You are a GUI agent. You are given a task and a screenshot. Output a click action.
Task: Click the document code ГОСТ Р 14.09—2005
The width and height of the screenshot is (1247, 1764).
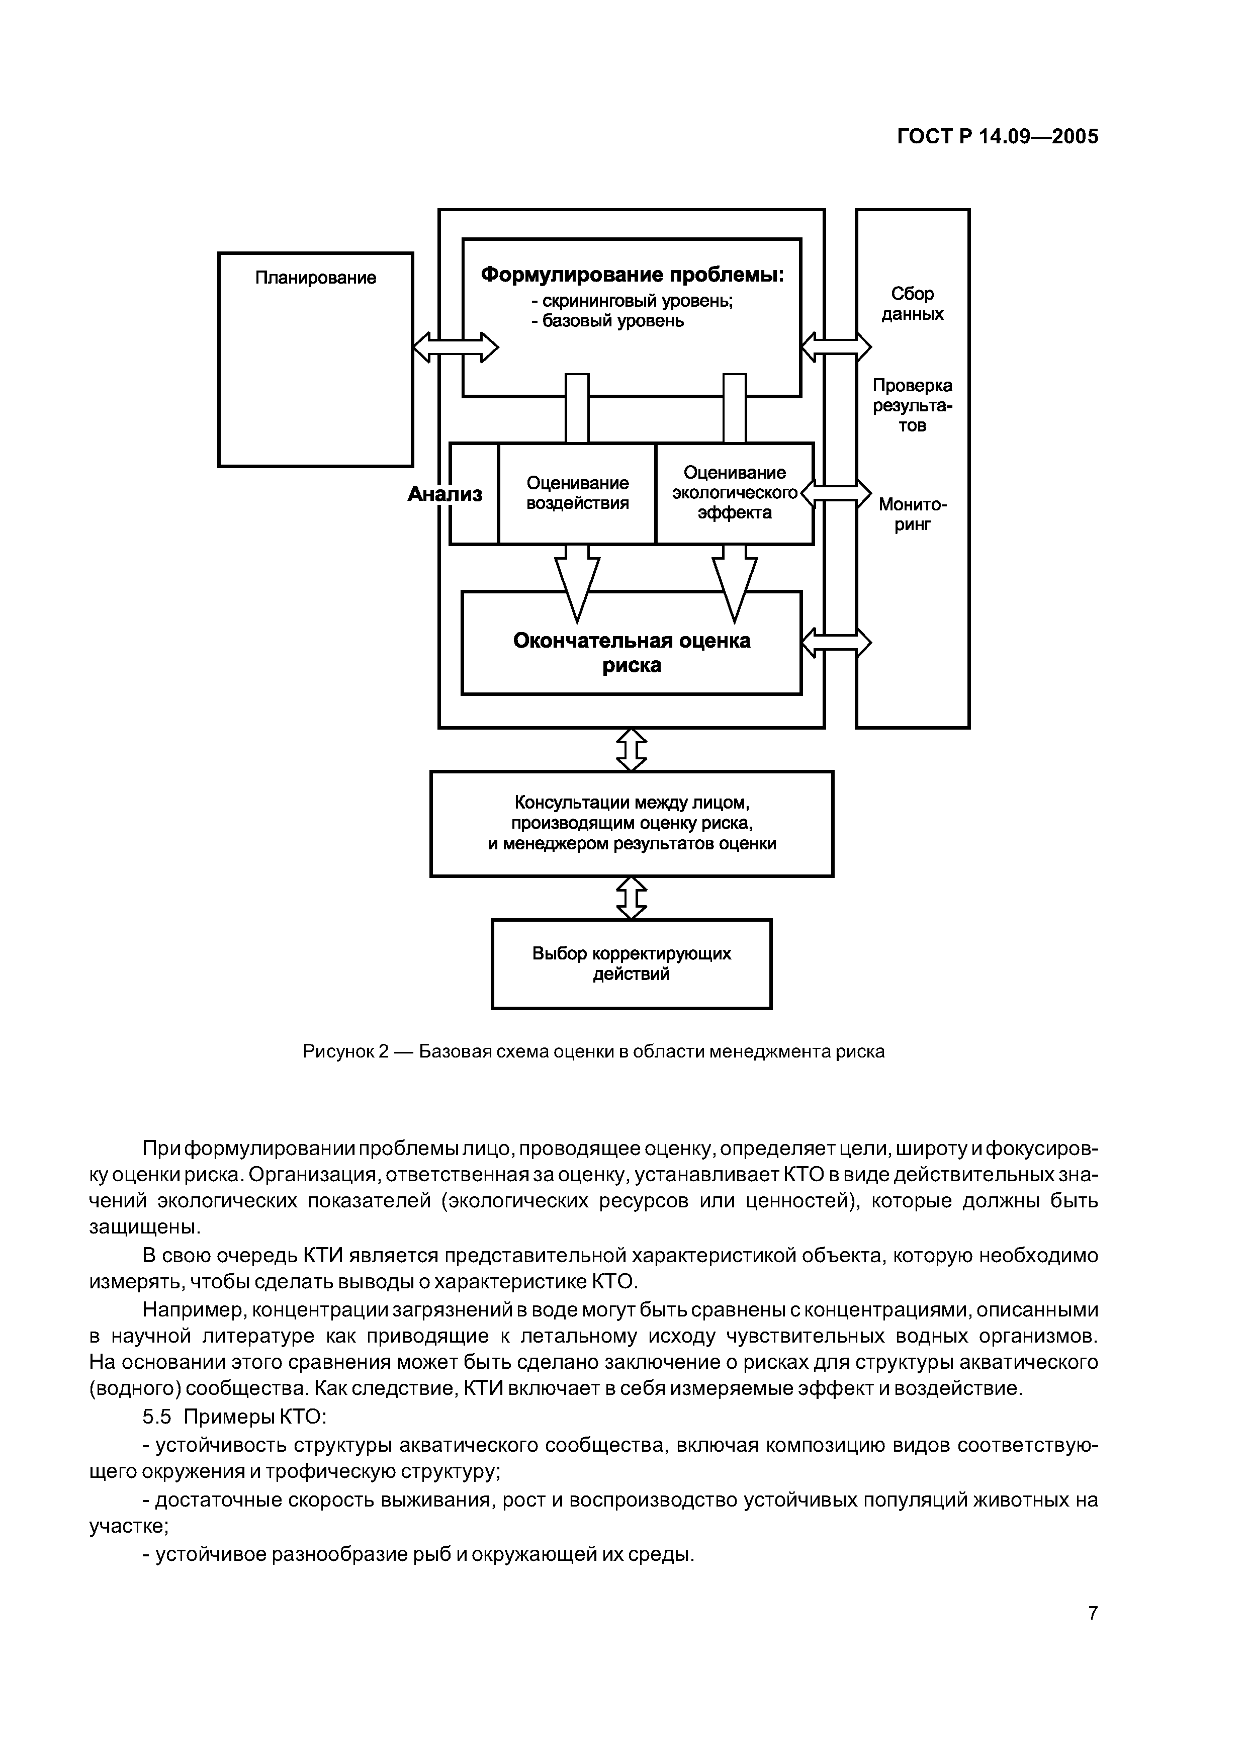997,137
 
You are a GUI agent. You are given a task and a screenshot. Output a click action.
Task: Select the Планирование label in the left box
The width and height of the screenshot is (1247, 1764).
316,278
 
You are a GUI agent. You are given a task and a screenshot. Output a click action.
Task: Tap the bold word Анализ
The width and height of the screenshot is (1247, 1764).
445,494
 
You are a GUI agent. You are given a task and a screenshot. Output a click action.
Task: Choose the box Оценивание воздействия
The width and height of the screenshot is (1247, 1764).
577,493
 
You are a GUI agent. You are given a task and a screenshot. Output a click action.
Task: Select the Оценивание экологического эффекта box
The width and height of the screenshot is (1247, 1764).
734,493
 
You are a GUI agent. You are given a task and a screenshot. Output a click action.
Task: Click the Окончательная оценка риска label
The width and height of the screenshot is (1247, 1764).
632,652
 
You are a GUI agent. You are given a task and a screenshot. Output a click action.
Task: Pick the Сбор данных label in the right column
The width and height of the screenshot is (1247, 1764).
912,304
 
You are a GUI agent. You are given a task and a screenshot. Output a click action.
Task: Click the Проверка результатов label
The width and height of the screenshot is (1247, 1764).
912,405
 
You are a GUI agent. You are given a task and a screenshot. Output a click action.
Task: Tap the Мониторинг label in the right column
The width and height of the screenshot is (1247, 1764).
912,514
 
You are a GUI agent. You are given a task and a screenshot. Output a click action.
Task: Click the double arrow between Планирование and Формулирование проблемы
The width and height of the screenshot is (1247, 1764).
456,347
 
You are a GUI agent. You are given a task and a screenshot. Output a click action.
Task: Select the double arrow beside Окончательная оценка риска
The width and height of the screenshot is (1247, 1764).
836,642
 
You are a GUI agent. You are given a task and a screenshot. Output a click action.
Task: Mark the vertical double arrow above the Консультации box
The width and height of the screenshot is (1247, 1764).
632,750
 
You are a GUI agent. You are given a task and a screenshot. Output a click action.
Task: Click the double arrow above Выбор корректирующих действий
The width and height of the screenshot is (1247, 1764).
632,898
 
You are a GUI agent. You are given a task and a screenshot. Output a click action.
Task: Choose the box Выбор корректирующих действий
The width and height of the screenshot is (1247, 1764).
632,964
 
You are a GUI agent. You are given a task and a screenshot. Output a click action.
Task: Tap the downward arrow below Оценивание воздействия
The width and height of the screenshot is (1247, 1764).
577,582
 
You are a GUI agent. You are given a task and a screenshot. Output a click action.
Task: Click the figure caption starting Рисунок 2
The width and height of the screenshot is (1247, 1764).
593,1051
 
